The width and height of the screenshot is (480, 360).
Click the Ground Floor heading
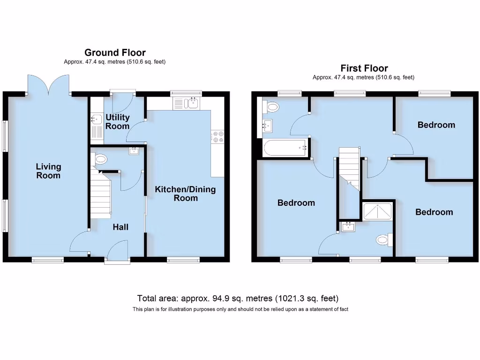[x=115, y=52]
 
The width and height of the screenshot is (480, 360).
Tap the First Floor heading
[x=364, y=68]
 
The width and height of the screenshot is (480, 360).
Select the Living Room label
[x=49, y=171]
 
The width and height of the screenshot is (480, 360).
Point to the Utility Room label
[x=117, y=121]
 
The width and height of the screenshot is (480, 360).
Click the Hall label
[x=120, y=227]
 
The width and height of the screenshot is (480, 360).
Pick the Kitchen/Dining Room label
[x=186, y=194]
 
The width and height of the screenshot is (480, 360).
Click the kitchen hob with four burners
[x=218, y=136]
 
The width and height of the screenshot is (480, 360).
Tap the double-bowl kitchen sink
[x=187, y=103]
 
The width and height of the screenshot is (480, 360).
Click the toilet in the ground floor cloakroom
[x=100, y=159]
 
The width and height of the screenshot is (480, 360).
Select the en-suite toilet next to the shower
[x=383, y=240]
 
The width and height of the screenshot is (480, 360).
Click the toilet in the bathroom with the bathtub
[x=271, y=107]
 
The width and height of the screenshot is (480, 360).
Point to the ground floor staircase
[x=100, y=195]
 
